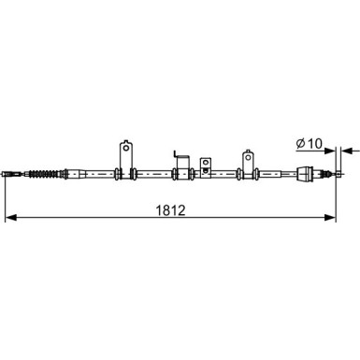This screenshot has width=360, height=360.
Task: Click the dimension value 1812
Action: tap(170, 210)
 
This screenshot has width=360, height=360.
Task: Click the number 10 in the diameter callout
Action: tap(314, 144)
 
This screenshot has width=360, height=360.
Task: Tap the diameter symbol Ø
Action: tap(300, 144)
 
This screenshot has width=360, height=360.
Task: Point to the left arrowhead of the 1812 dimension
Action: tap(10, 218)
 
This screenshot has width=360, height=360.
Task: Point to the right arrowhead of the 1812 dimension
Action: tap(330, 218)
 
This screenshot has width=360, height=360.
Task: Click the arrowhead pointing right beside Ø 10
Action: tap(330, 151)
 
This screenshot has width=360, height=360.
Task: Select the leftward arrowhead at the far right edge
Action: tap(347, 151)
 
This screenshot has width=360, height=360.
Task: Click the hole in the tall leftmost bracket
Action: tap(126, 148)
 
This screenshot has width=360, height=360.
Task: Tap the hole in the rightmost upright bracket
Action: tap(248, 157)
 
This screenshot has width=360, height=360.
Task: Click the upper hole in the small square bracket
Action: tap(205, 163)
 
